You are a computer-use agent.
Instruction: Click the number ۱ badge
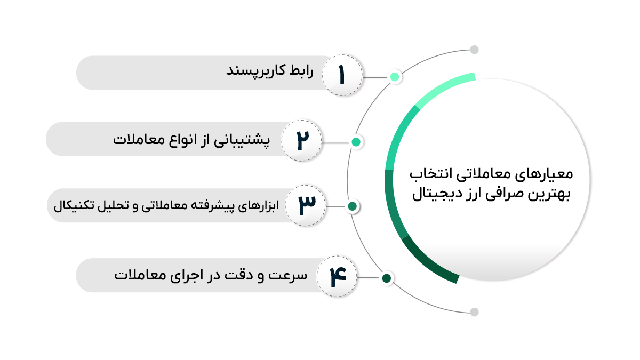(342, 75)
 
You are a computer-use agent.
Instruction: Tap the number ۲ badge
(301, 140)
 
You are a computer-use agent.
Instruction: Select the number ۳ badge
(306, 205)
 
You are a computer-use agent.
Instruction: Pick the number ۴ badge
(337, 276)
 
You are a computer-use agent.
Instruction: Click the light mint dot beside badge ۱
(395, 77)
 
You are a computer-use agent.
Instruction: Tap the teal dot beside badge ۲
(356, 142)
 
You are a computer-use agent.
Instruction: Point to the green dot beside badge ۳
(353, 206)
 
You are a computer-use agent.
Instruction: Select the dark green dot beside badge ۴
(387, 278)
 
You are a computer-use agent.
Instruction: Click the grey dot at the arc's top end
(474, 50)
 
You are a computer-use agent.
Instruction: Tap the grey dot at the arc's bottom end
(474, 312)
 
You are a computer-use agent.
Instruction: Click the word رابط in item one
(301, 70)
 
